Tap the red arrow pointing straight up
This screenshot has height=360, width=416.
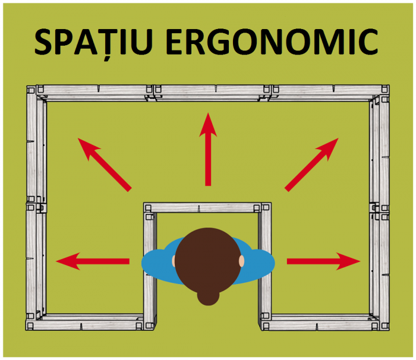point(207,149)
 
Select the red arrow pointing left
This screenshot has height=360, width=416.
point(92,260)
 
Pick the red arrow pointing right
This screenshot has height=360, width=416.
point(324,260)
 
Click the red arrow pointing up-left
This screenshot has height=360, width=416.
point(104,164)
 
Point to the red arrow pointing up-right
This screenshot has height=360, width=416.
point(312,164)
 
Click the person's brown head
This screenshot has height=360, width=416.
point(207,260)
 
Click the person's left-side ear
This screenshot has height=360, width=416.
point(175,261)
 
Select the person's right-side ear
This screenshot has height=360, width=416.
point(241,261)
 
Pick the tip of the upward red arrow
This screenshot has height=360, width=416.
point(207,114)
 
